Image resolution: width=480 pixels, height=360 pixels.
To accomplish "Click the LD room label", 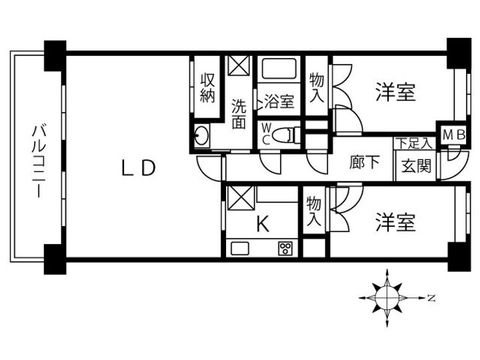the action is point(139,168).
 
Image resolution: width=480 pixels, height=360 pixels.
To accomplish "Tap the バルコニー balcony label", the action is point(39,160).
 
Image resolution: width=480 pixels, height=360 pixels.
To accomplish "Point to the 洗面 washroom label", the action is point(239,113).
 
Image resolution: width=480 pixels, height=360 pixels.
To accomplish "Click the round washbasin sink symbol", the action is point(202,135).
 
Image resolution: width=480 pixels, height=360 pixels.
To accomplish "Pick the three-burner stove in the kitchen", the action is point(285,248).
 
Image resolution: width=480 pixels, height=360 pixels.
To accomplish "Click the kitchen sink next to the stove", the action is point(240,248).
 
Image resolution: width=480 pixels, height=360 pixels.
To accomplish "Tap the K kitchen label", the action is point(263,224).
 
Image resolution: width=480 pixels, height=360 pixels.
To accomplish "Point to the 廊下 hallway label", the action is point(365,161).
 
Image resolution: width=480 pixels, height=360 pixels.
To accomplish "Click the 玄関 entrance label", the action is point(416,166).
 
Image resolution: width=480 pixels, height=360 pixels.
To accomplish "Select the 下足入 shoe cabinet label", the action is point(415,143).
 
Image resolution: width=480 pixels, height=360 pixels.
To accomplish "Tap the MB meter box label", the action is point(454,135).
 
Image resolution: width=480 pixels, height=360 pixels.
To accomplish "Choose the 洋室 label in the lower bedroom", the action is point(395,222).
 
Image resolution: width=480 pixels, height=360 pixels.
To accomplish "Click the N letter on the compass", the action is point(431,297).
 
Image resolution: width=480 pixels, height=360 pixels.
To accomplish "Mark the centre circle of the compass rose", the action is point(387,297).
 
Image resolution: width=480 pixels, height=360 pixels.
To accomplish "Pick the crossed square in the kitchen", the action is point(241,198).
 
